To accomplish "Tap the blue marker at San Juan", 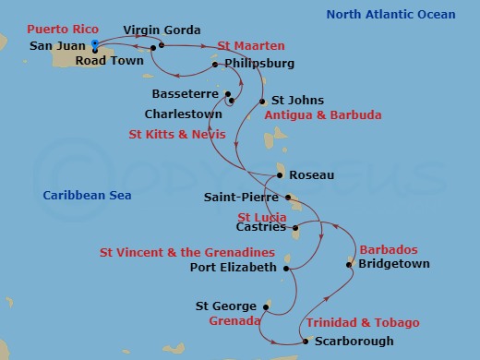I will (x=94, y=43).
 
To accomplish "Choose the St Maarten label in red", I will (x=250, y=45).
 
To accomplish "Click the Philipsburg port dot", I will (x=214, y=65).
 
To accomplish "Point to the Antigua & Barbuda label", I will (x=322, y=115).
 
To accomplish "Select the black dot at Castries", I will (x=294, y=226).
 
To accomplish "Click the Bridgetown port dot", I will (x=349, y=265).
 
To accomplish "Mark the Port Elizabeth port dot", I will (x=287, y=269).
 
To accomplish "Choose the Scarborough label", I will (x=354, y=341).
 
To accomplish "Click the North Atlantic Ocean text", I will (x=390, y=14).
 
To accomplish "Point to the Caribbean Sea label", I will (x=87, y=195).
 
